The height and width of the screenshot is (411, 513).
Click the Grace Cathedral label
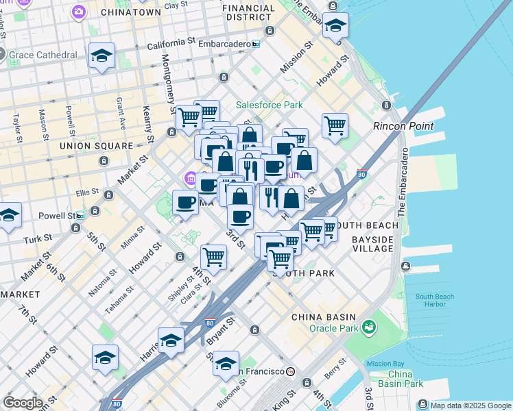(x=44, y=54)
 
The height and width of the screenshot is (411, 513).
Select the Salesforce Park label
(x=269, y=105)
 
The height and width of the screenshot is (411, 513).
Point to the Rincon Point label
(x=403, y=126)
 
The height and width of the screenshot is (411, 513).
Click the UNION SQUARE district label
(x=96, y=146)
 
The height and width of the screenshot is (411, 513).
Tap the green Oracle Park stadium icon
(x=370, y=327)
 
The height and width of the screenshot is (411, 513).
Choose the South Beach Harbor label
(x=434, y=301)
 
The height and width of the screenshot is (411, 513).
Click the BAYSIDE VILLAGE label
(x=373, y=244)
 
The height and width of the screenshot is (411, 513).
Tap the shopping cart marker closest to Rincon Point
(x=334, y=125)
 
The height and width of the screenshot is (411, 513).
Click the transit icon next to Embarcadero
(x=256, y=43)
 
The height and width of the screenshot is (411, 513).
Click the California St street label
(x=171, y=43)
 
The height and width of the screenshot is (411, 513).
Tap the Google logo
(x=23, y=403)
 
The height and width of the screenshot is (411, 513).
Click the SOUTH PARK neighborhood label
(x=304, y=273)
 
